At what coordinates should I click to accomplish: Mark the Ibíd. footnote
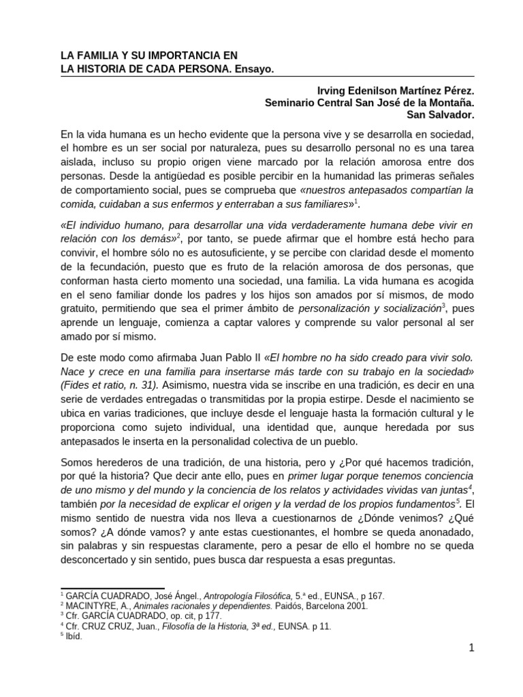tap(72, 636)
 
